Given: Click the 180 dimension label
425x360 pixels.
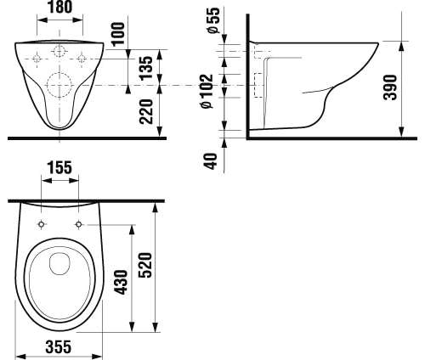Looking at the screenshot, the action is (60, 7).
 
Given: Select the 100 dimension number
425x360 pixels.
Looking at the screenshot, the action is (118, 33).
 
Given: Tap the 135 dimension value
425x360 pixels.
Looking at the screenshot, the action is (146, 68).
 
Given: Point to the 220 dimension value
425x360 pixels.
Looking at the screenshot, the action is (146, 111).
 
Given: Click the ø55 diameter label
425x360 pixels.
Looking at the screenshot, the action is (213, 20).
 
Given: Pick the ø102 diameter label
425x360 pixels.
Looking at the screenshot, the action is (207, 91).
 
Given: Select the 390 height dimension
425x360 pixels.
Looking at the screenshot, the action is (390, 87).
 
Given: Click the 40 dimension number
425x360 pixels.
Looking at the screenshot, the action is (211, 161).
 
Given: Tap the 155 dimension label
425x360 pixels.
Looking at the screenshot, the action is (59, 168).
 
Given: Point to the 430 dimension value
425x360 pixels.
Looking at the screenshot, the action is (122, 282).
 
